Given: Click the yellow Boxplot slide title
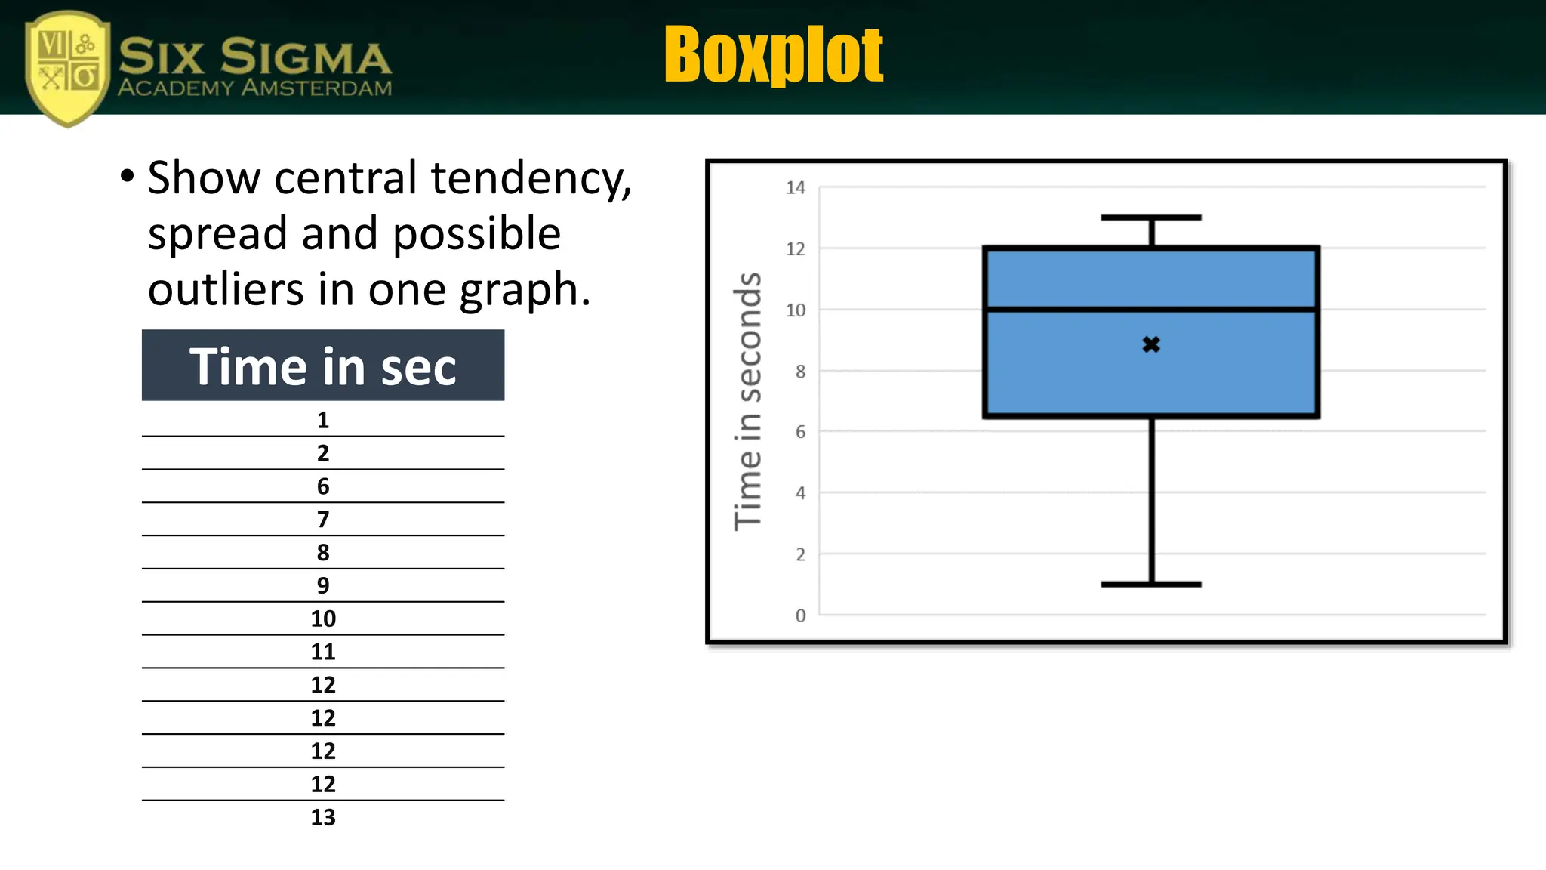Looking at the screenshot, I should point(774,54).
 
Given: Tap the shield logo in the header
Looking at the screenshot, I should point(67,68).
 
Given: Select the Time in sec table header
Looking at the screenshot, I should point(323,366).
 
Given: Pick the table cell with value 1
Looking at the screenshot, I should point(323,420).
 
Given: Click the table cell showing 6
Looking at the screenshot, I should point(323,486).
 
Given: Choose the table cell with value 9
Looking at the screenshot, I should point(323,585).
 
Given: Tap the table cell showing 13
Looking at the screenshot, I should point(323,817).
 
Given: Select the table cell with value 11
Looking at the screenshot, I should point(323,652).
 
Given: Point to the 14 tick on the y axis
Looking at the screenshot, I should point(796,188).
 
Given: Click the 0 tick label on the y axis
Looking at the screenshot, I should point(800,616).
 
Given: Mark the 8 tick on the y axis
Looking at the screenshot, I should point(800,372).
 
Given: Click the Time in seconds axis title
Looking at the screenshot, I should point(748,401).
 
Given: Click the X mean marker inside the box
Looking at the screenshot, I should point(1151,345).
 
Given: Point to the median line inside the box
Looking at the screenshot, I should point(1151,310).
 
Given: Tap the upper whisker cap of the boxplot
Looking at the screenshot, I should point(1151,217).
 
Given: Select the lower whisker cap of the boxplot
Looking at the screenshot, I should point(1151,584).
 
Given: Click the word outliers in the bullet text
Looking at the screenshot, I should point(226,289).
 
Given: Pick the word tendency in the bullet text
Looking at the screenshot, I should point(531,179).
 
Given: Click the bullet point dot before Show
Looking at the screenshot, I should point(128,177).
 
